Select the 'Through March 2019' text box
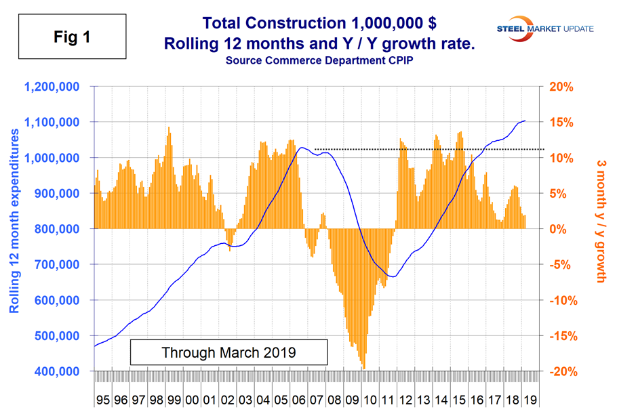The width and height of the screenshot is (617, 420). click(x=228, y=353)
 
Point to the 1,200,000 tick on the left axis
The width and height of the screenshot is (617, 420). click(x=52, y=87)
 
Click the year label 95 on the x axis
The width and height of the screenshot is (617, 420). click(x=103, y=400)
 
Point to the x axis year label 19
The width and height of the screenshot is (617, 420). click(x=530, y=400)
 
